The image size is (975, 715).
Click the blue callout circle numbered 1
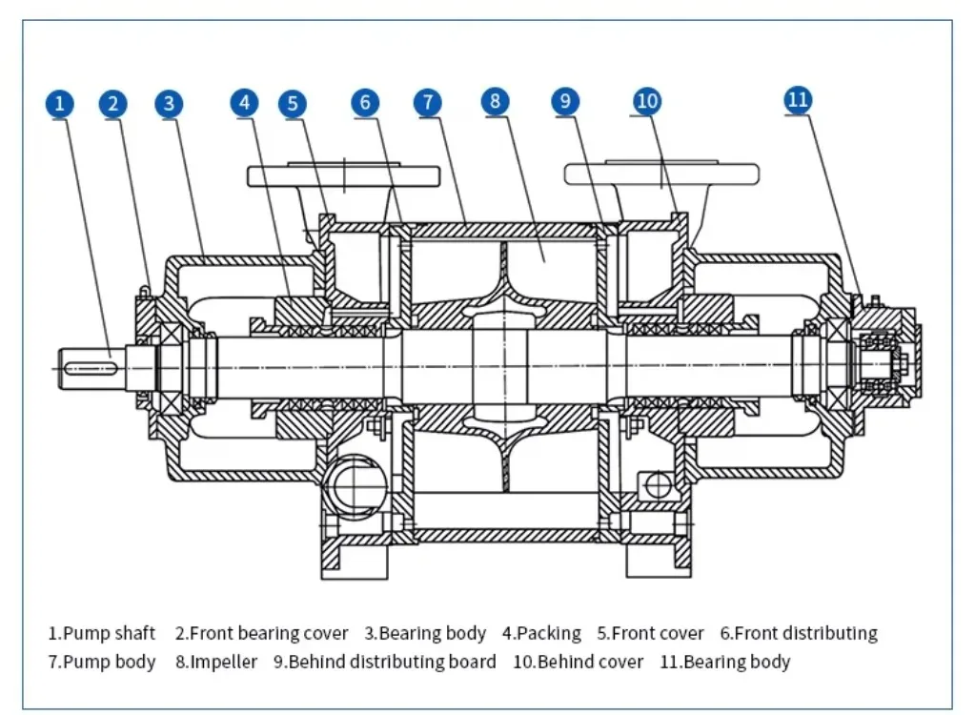[x=60, y=103]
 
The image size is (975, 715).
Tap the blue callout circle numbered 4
[x=246, y=103]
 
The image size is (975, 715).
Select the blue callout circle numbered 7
[x=428, y=103]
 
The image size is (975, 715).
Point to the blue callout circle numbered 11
[x=798, y=99]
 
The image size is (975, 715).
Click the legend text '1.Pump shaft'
[x=102, y=633]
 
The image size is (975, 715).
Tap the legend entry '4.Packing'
[x=541, y=633]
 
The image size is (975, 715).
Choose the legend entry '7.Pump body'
[x=102, y=662]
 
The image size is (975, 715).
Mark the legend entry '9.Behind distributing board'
[x=385, y=662]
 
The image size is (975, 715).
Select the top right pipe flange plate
[x=661, y=174]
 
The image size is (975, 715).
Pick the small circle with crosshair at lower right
[x=658, y=484]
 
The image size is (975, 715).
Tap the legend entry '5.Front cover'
[x=651, y=633]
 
